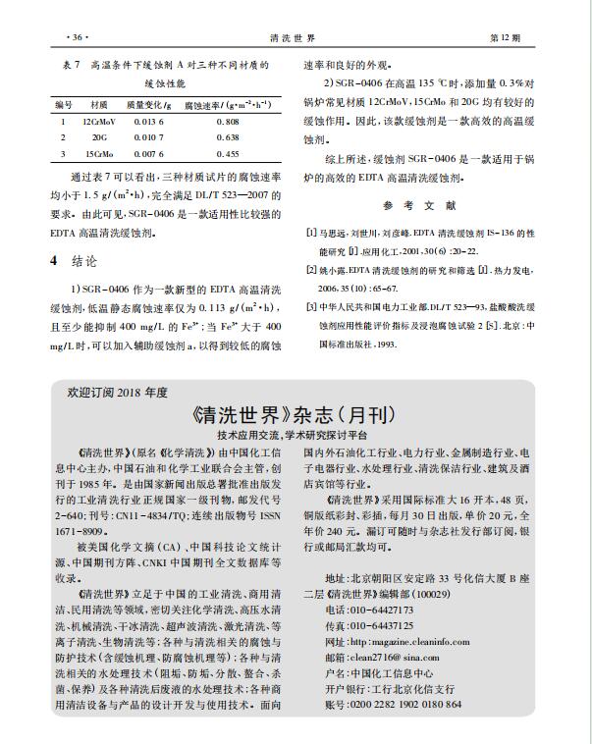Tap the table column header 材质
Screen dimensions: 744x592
point(99,102)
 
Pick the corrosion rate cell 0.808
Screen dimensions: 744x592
point(227,122)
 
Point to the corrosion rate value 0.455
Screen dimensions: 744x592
point(227,155)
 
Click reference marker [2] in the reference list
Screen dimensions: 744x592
point(311,268)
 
